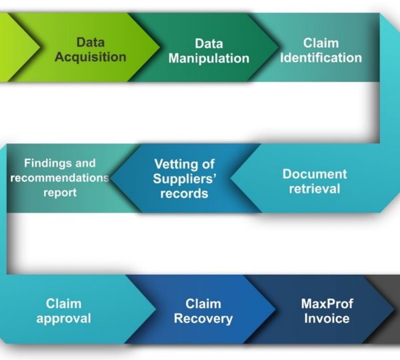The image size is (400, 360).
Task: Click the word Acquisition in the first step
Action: pyautogui.click(x=90, y=57)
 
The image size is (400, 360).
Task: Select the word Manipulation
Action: pyautogui.click(x=208, y=58)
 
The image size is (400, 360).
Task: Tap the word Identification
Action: pyautogui.click(x=321, y=57)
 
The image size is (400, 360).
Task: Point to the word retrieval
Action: pyautogui.click(x=315, y=189)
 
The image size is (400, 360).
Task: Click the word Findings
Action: pyautogui.click(x=60, y=163)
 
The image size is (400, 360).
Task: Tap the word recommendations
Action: pyautogui.click(x=59, y=178)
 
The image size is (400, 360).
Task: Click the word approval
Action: pyautogui.click(x=63, y=318)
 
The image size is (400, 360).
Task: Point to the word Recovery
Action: pyautogui.click(x=203, y=318)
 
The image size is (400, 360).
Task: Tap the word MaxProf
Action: pyautogui.click(x=327, y=303)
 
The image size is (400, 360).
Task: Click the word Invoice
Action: pyautogui.click(x=327, y=318)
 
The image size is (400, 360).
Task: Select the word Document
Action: pyautogui.click(x=315, y=174)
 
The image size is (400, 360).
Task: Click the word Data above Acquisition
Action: pyautogui.click(x=90, y=43)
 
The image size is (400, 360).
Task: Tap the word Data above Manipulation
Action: pyautogui.click(x=208, y=43)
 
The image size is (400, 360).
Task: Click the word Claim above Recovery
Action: pyautogui.click(x=203, y=303)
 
